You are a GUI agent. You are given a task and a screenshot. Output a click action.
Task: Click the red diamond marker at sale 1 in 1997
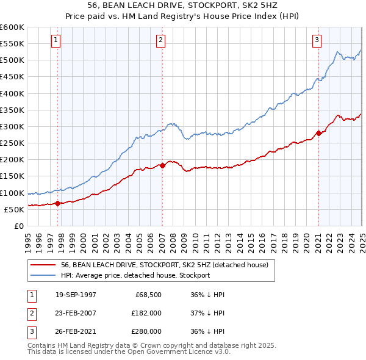point(58,203)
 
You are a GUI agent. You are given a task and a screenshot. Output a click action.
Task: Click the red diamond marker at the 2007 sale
point(163,165)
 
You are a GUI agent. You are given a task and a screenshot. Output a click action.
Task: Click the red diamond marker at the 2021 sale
point(318,133)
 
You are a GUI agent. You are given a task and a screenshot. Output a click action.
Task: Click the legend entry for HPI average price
point(135,275)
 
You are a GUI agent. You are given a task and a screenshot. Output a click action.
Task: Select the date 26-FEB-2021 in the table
point(76,331)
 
